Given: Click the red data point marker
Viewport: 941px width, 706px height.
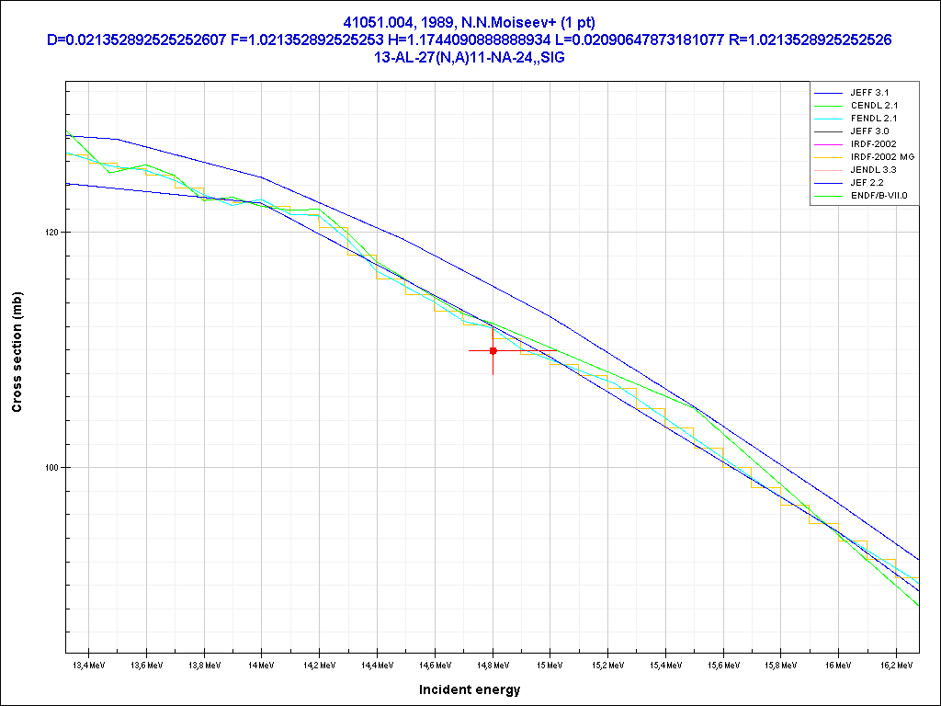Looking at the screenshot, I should click(x=493, y=350).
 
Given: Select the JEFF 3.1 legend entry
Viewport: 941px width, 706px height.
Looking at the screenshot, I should click(x=869, y=93).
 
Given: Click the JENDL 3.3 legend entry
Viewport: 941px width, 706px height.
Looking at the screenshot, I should click(x=873, y=170).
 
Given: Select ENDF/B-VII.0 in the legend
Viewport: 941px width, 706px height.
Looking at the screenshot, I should click(x=879, y=196).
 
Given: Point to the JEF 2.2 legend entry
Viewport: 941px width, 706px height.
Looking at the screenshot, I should click(x=867, y=183).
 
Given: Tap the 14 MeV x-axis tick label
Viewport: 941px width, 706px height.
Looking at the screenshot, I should click(x=261, y=664).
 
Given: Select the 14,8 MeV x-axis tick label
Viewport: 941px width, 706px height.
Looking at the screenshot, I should click(x=493, y=664).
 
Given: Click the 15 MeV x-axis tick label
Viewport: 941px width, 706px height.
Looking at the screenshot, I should click(x=550, y=664).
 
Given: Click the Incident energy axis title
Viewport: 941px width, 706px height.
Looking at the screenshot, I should click(x=470, y=689).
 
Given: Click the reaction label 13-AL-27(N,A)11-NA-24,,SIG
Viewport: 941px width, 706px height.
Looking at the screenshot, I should click(x=470, y=55).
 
